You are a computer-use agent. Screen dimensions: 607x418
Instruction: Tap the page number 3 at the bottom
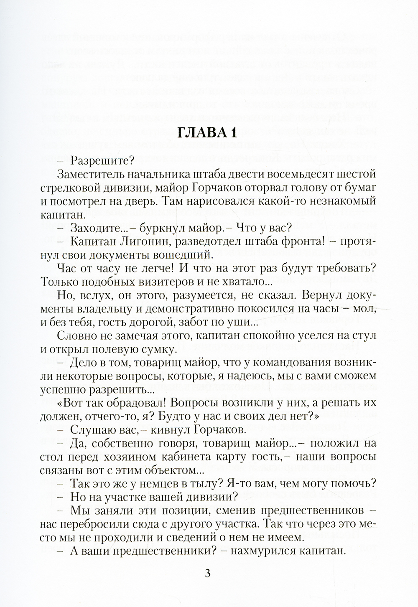point(208,573)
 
